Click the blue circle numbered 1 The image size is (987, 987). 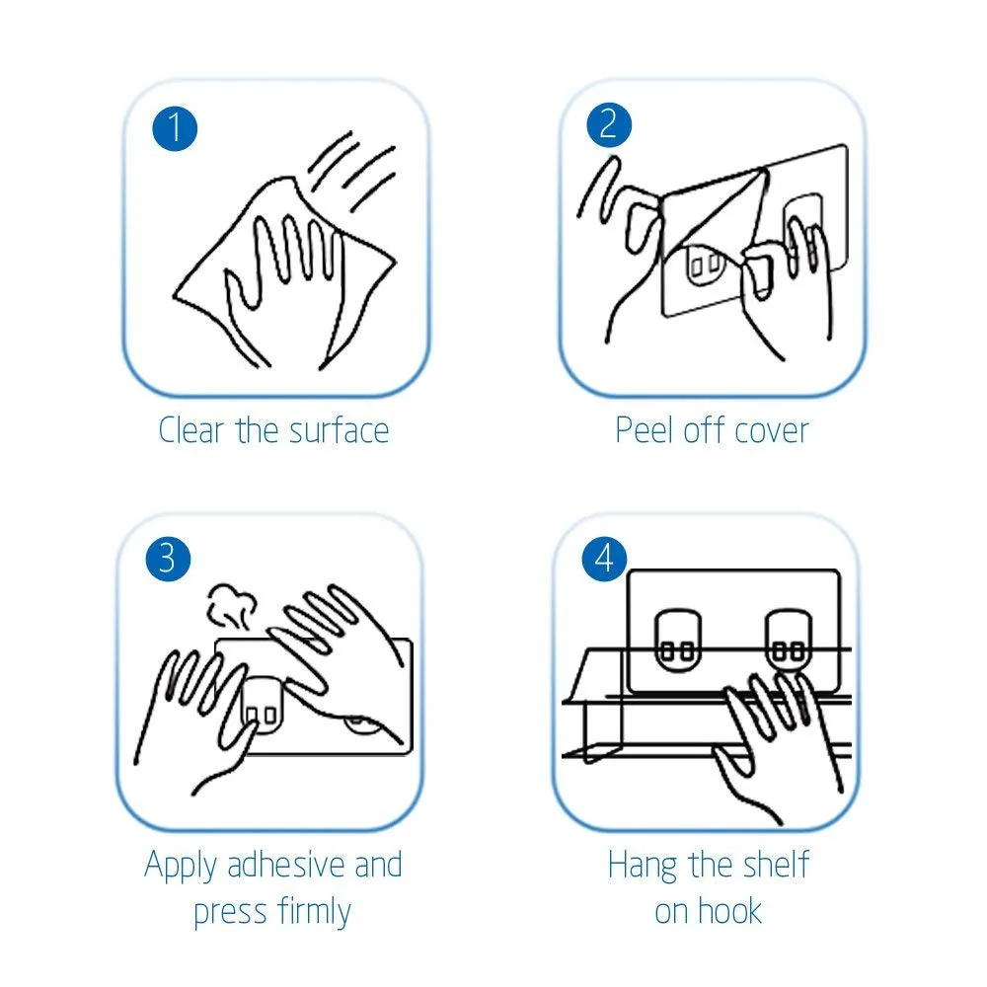pyautogui.click(x=175, y=128)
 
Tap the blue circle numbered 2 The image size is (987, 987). pyautogui.click(x=609, y=124)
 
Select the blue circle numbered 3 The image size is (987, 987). pyautogui.click(x=168, y=559)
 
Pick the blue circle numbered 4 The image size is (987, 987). pyautogui.click(x=604, y=559)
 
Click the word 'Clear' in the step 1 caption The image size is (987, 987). pyautogui.click(x=191, y=430)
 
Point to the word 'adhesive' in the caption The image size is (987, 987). pyautogui.click(x=287, y=865)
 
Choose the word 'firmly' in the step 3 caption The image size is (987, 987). pyautogui.click(x=314, y=912)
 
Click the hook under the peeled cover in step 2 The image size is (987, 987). pyautogui.click(x=704, y=264)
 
